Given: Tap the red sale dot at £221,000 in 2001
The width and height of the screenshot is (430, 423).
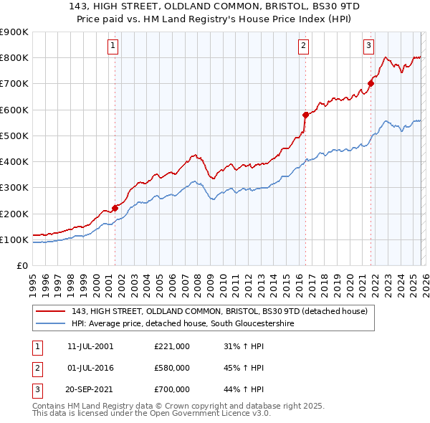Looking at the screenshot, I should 115,208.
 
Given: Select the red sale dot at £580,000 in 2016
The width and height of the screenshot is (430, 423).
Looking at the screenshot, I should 305,115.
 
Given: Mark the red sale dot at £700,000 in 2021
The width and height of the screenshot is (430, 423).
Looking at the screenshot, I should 371,83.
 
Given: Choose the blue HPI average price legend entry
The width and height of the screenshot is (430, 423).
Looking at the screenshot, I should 183,324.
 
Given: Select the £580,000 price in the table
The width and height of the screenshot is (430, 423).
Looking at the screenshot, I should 172,368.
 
